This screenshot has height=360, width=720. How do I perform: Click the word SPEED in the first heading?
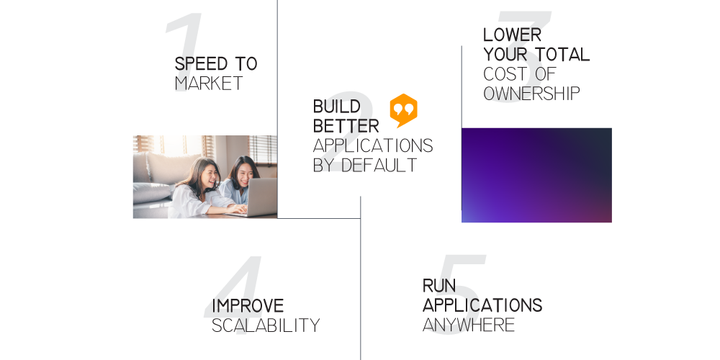pyautogui.click(x=201, y=64)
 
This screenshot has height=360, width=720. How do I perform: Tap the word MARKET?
pyautogui.click(x=209, y=84)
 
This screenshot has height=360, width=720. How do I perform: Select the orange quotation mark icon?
pyautogui.click(x=404, y=110)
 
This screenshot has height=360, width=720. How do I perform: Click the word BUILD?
pyautogui.click(x=336, y=107)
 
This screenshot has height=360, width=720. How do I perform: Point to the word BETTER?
pyautogui.click(x=346, y=126)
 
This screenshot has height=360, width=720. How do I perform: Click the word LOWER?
pyautogui.click(x=513, y=35)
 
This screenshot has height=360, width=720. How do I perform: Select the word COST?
pyautogui.click(x=504, y=74)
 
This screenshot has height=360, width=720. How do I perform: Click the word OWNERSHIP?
pyautogui.click(x=532, y=93)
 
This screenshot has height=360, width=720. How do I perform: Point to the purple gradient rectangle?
pyautogui.click(x=536, y=175)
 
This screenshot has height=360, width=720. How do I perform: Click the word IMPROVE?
pyautogui.click(x=248, y=306)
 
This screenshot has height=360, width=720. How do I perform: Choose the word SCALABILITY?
pyautogui.click(x=266, y=325)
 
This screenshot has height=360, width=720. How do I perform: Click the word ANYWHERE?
pyautogui.click(x=469, y=325)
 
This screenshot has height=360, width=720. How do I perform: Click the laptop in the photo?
pyautogui.click(x=259, y=197)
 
